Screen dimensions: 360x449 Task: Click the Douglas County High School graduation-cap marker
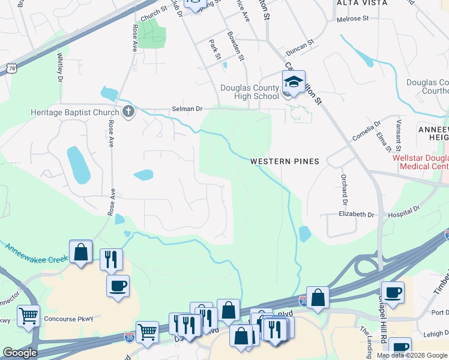tap(294, 82)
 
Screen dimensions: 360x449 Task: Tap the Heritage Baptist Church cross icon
tap(128, 111)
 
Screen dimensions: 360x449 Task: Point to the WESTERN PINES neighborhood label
tap(285, 161)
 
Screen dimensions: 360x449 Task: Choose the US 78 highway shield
tap(11, 68)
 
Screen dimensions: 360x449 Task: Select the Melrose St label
tap(353, 19)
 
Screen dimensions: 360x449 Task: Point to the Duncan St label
tap(300, 44)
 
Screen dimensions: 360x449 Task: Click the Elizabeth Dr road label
tap(356, 214)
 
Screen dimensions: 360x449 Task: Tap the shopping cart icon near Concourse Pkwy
tap(28, 316)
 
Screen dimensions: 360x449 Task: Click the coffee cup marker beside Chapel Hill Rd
tap(393, 293)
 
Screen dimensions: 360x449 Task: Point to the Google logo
tap(20, 353)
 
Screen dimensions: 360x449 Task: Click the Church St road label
tap(154, 12)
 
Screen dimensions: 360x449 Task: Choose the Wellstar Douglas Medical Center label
tap(420, 162)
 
